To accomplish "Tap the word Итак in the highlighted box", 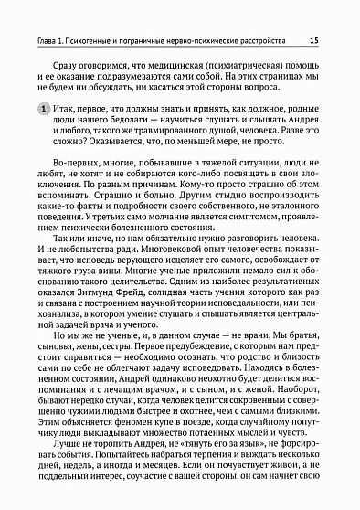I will coord(69,134).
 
